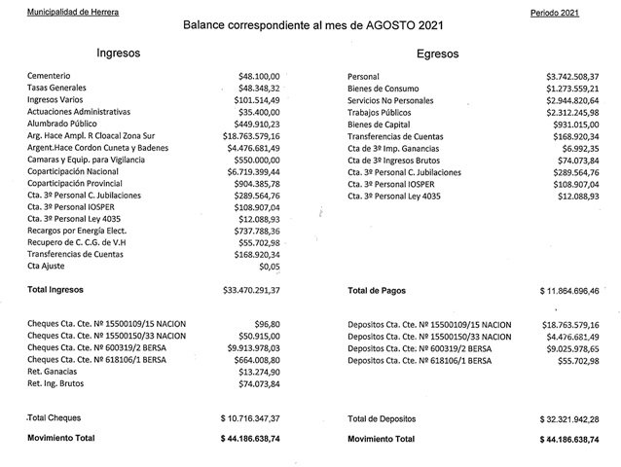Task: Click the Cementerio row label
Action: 53,76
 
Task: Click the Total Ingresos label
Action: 56,289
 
